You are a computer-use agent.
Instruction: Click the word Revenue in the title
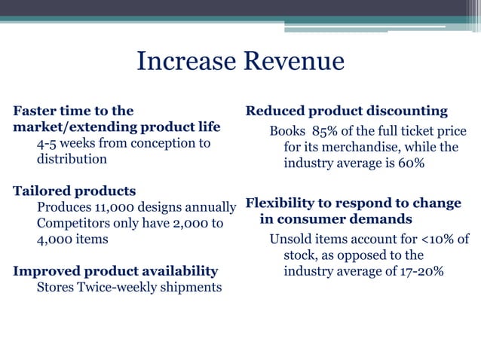(x=292, y=62)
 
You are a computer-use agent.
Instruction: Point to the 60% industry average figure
(x=409, y=164)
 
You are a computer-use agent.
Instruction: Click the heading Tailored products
(x=75, y=191)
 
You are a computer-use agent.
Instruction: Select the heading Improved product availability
(x=115, y=270)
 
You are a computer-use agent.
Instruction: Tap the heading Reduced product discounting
(x=347, y=111)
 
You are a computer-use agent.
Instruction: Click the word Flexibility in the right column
(x=283, y=203)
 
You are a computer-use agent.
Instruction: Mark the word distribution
(x=72, y=159)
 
